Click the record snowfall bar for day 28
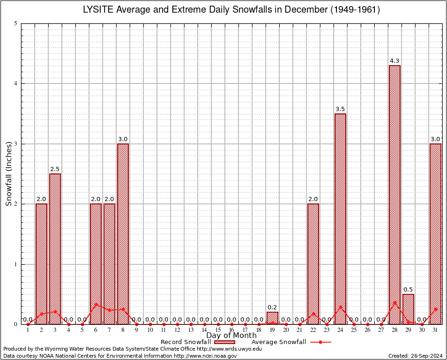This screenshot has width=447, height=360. point(395,195)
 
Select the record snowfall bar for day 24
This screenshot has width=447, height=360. point(340,219)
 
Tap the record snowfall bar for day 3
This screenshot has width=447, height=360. point(55,249)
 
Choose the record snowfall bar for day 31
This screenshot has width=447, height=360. point(435,234)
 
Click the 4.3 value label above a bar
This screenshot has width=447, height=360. point(395,61)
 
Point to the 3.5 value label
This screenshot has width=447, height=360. point(340,109)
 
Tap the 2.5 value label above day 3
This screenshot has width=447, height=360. point(55,169)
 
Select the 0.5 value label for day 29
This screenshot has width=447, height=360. point(408,290)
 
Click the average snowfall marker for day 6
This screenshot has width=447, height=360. point(96,305)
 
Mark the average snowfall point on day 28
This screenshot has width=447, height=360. point(395,303)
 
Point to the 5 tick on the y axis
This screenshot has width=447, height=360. point(16,23)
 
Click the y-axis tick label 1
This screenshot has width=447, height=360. point(16,264)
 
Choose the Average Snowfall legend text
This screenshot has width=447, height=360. point(278,342)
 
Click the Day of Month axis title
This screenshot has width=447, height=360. point(231,336)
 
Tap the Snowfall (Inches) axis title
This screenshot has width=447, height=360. point(9,174)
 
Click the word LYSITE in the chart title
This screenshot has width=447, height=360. point(98,10)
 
